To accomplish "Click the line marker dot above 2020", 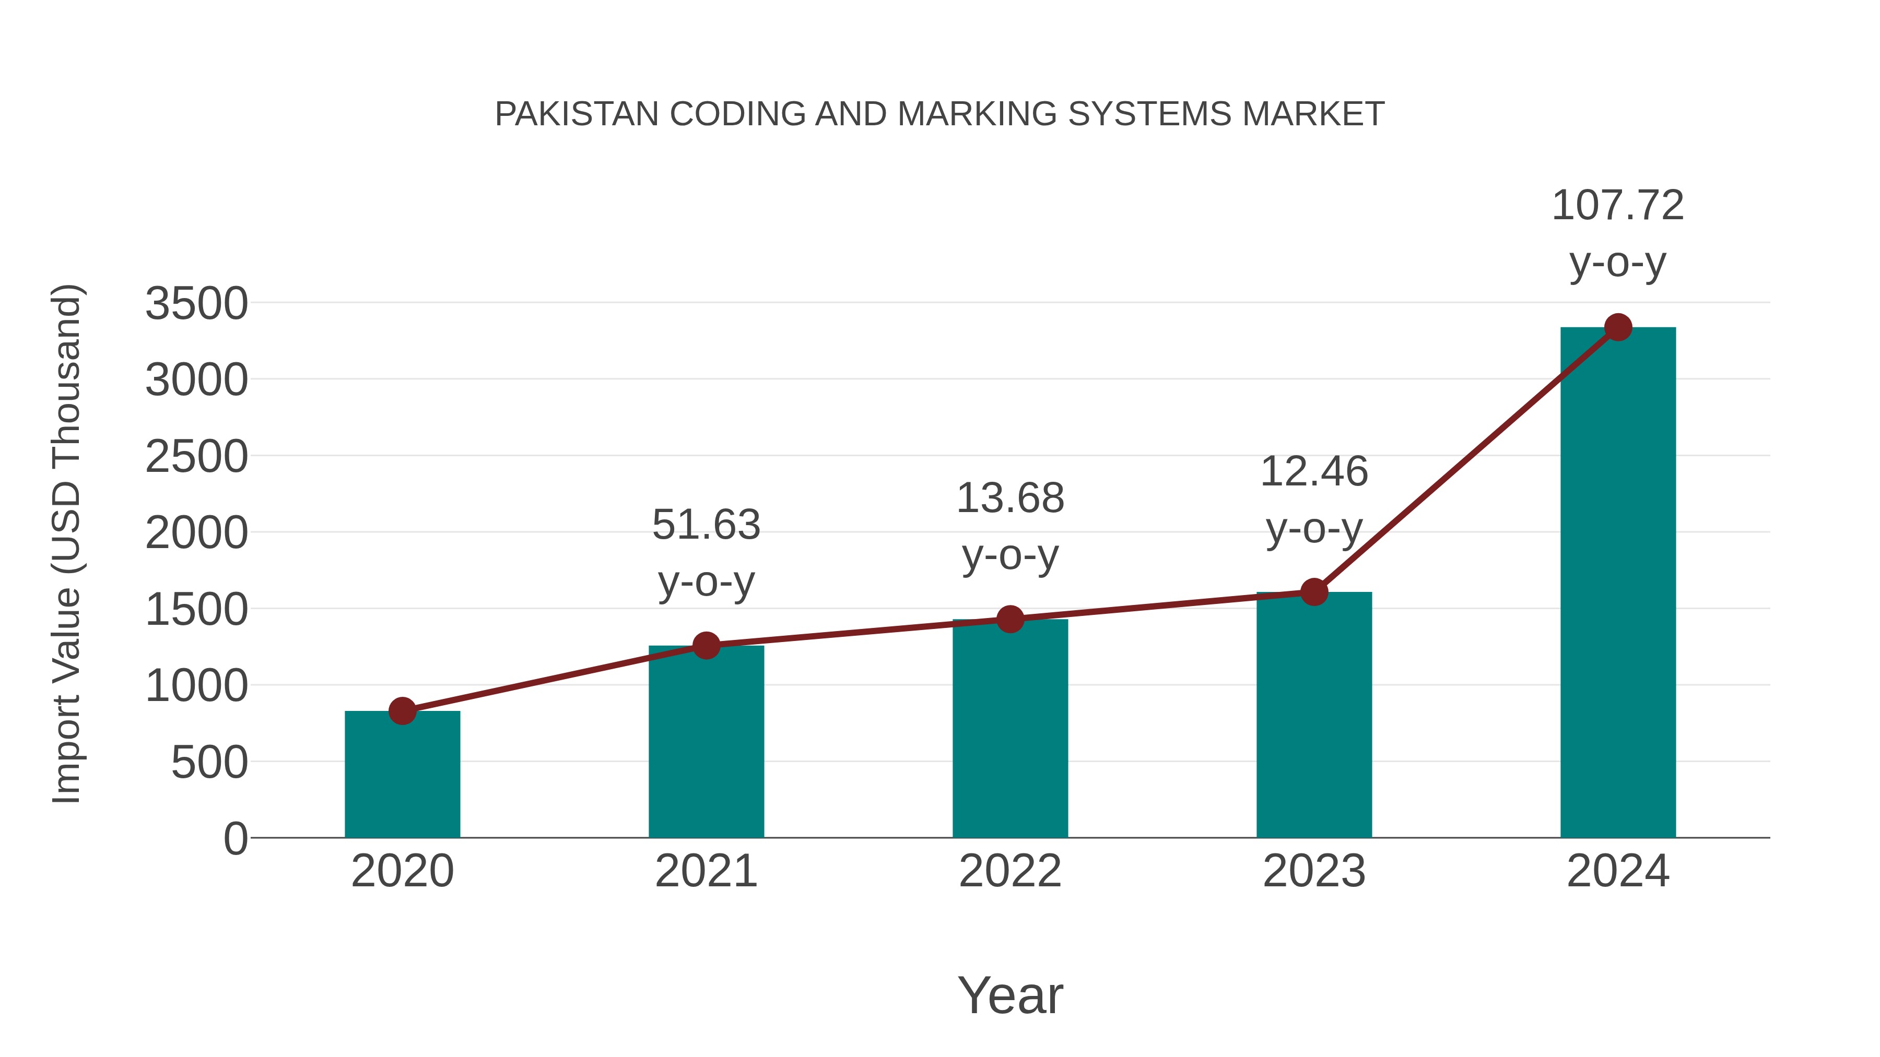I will click(402, 710).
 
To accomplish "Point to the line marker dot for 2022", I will click(1010, 619).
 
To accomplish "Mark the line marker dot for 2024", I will click(1618, 327).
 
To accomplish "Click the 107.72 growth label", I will click(1618, 205).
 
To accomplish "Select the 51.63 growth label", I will click(706, 525).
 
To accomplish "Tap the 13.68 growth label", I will click(1010, 498).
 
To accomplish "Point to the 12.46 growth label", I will click(1314, 471).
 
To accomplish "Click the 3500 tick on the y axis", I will click(196, 303).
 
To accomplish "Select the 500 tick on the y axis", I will click(209, 763).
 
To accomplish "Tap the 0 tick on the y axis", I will click(235, 839).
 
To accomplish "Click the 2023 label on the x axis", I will click(1314, 871).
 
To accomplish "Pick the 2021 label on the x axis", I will click(706, 871).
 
